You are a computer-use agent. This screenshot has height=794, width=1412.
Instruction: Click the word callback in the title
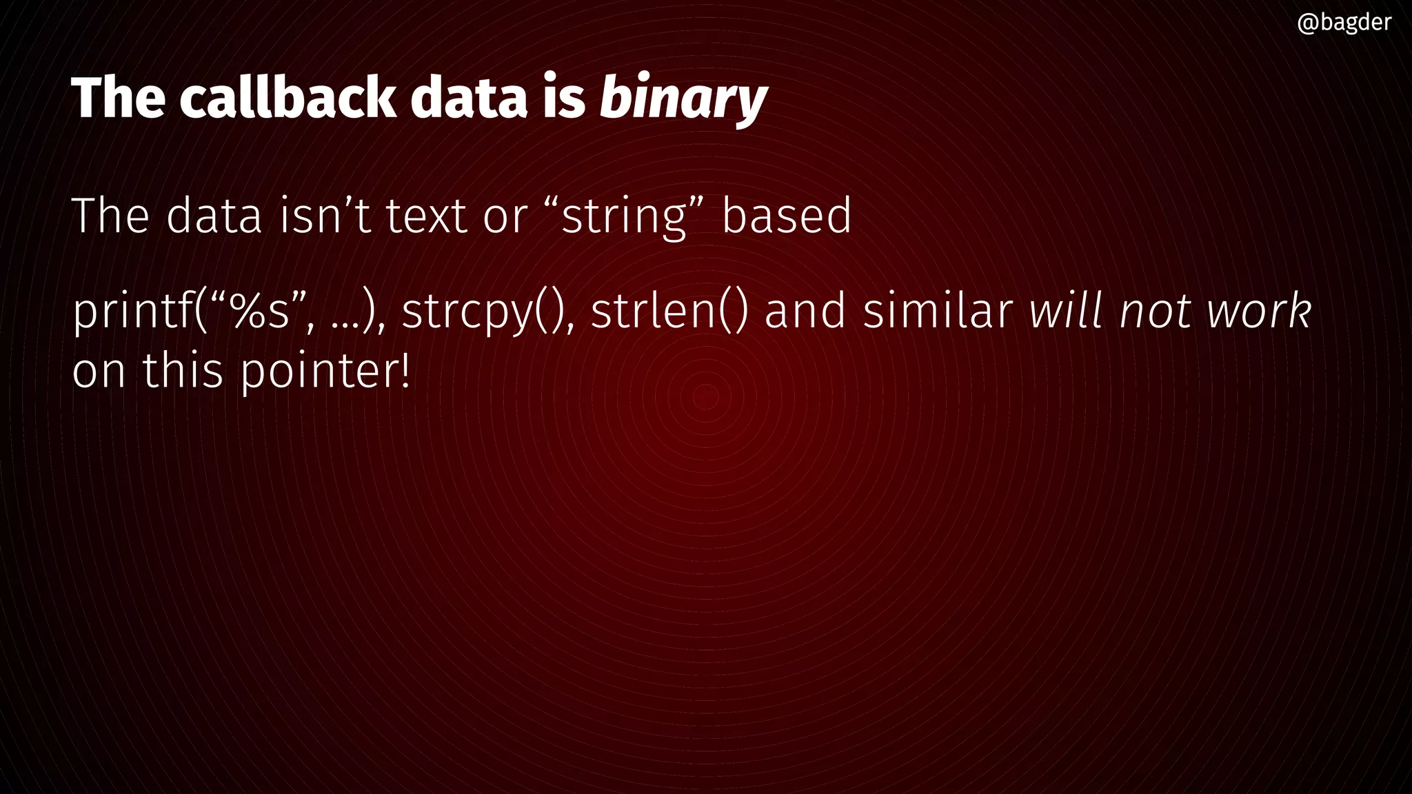click(x=288, y=97)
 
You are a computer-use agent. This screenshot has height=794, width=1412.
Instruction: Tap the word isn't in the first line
click(x=325, y=216)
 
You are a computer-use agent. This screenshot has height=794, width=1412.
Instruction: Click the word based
click(x=787, y=216)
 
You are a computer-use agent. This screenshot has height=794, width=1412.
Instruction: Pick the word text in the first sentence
click(x=426, y=216)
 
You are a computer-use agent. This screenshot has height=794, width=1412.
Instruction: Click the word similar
click(x=938, y=312)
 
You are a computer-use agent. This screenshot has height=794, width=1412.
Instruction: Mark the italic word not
click(x=1154, y=312)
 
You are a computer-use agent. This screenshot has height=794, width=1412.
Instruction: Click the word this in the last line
click(x=183, y=371)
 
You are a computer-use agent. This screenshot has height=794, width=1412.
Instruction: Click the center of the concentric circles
click(x=705, y=397)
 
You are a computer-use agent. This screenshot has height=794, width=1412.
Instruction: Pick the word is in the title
click(x=563, y=97)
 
